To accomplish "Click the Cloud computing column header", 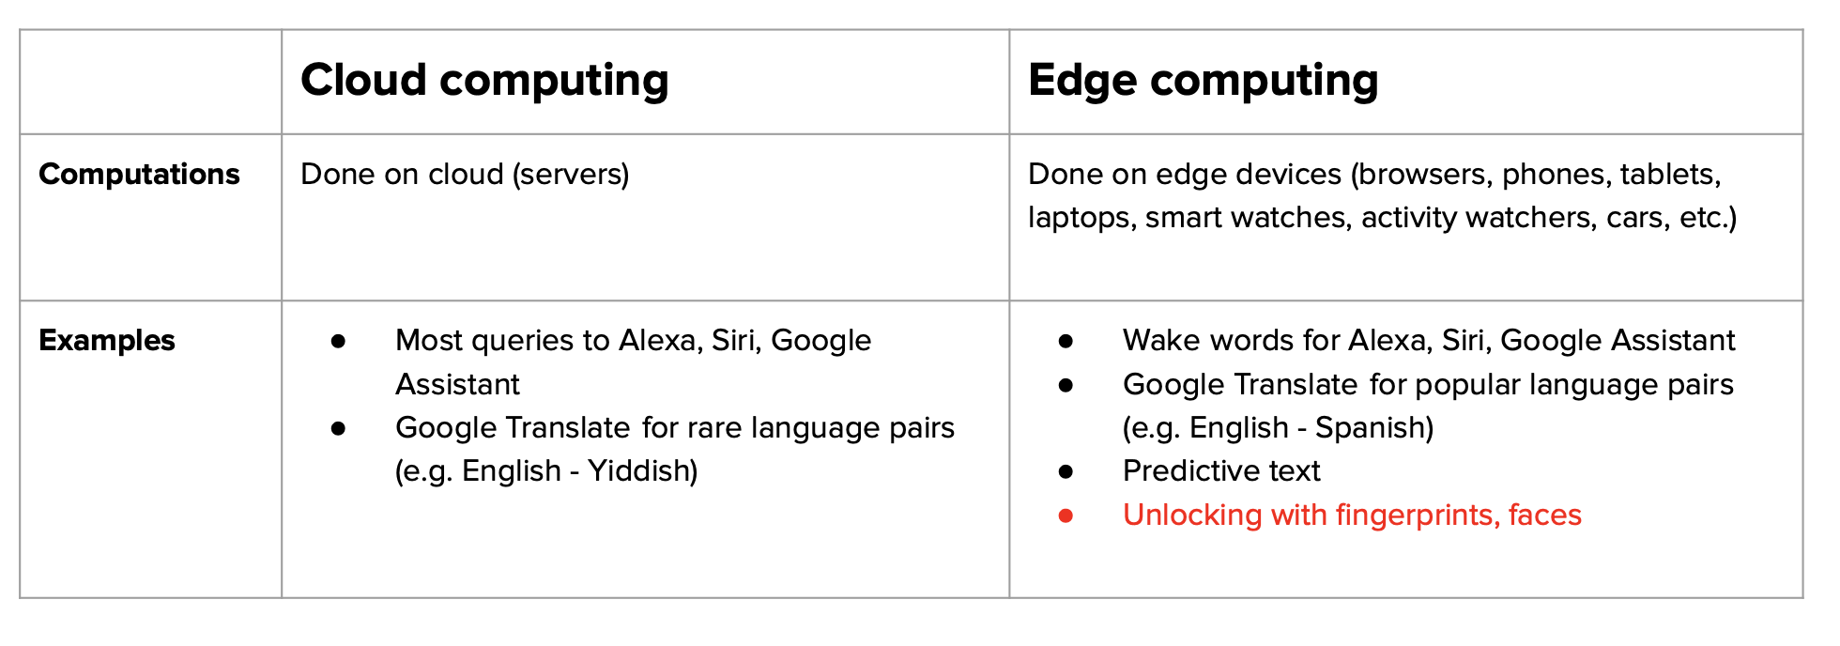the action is [484, 81].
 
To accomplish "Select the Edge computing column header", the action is [1204, 81].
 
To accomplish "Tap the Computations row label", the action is [139, 175].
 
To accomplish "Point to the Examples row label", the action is [107, 340].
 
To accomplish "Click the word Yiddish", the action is [642, 471].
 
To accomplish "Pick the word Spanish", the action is [1374, 428].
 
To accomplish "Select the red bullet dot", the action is [1066, 515].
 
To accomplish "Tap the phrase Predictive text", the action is [1221, 471].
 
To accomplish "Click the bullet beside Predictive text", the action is [1066, 471].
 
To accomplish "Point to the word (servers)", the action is [571, 175].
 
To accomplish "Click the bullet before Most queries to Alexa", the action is [338, 341].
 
